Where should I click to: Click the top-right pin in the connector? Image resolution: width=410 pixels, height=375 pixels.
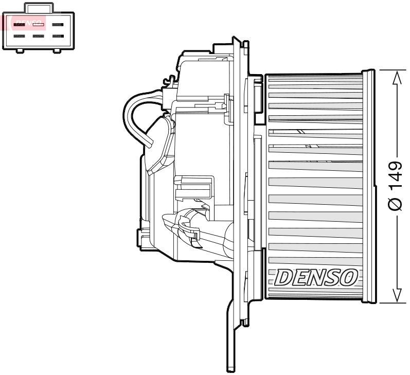[x=58, y=24]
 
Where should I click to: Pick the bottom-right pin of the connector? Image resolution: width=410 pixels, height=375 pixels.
[x=58, y=37]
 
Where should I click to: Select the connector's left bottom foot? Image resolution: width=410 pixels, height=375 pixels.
[x=20, y=50]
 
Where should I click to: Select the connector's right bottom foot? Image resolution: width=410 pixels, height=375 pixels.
[x=57, y=50]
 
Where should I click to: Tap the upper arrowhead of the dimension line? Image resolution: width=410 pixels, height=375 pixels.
[x=396, y=77]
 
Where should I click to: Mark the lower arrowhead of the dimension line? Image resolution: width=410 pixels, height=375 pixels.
[x=396, y=295]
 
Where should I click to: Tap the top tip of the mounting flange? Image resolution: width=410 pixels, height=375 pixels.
[x=236, y=40]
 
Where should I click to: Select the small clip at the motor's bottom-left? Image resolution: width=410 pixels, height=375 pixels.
[x=140, y=237]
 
